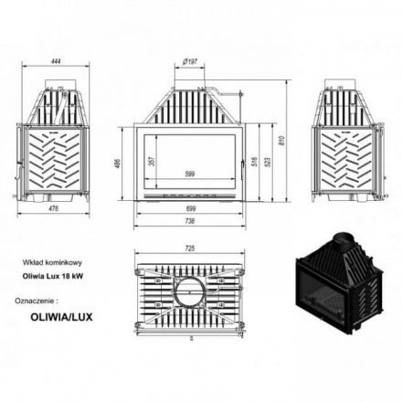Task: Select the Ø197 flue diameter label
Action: point(190,61)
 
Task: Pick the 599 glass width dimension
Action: point(190,173)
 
